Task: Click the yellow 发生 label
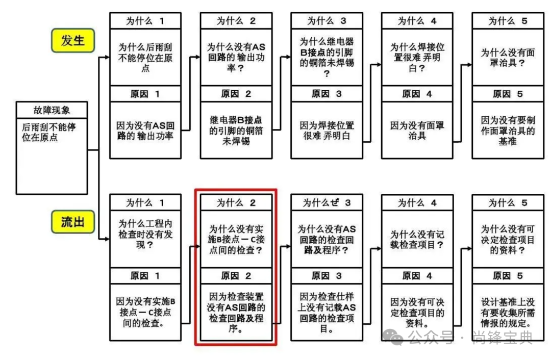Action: pos(73,40)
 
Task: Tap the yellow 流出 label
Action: pos(73,222)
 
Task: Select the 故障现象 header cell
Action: pos(52,110)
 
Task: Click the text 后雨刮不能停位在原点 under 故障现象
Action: pos(48,131)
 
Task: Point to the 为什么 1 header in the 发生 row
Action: pos(145,21)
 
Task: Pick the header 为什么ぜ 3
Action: pos(327,202)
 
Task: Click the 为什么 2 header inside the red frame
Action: pos(236,202)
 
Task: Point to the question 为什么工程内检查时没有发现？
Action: pos(145,234)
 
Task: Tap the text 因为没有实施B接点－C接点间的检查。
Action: pos(145,312)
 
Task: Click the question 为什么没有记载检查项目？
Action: pos(417,239)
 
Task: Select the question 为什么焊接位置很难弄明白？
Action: pos(417,57)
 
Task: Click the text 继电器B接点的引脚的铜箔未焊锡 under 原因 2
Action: pos(236,130)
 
